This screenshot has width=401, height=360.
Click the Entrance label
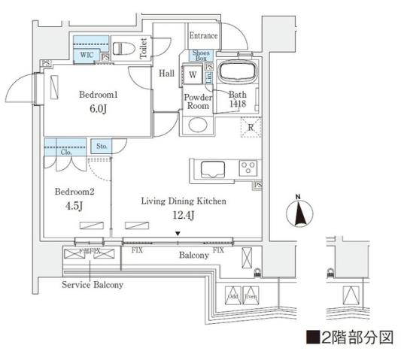203,35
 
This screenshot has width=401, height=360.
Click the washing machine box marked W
193,75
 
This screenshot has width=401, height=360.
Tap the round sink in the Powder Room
196,125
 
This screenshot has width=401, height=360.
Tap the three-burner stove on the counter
248,167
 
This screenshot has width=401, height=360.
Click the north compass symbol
299,213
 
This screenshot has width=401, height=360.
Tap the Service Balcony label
93,286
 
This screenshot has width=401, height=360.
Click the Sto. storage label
101,147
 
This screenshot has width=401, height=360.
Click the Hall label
167,73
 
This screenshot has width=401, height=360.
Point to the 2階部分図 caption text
351,335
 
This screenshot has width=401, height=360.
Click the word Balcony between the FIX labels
193,256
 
